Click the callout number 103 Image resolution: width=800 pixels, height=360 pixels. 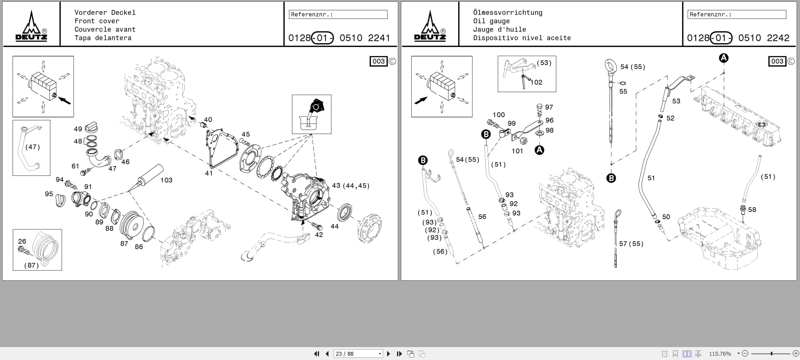click(x=166, y=180)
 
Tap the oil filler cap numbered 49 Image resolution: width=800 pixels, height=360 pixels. click(x=92, y=128)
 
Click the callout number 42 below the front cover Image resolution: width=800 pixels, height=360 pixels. click(x=319, y=235)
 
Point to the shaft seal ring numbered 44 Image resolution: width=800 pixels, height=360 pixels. click(x=345, y=212)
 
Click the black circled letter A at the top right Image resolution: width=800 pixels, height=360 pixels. click(x=724, y=58)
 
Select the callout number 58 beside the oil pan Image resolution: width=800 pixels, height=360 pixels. click(x=752, y=210)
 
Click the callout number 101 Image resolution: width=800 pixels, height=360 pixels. click(x=517, y=151)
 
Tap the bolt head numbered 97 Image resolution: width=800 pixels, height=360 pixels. click(x=540, y=106)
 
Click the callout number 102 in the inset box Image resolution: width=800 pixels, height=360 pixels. click(x=536, y=82)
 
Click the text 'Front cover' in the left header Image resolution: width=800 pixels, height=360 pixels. click(x=97, y=21)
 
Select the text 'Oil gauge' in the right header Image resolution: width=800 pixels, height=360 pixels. click(x=491, y=21)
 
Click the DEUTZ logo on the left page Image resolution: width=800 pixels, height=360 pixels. click(x=31, y=27)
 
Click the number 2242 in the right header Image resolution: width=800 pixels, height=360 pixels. click(x=778, y=38)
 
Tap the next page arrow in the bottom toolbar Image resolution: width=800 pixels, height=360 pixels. click(x=388, y=354)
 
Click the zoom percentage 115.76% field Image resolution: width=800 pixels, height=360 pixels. click(x=720, y=354)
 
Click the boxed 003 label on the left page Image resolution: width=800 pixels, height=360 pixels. click(x=378, y=61)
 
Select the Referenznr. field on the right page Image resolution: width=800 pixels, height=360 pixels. click(x=737, y=14)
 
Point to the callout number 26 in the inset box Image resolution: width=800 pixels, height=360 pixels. click(x=22, y=241)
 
